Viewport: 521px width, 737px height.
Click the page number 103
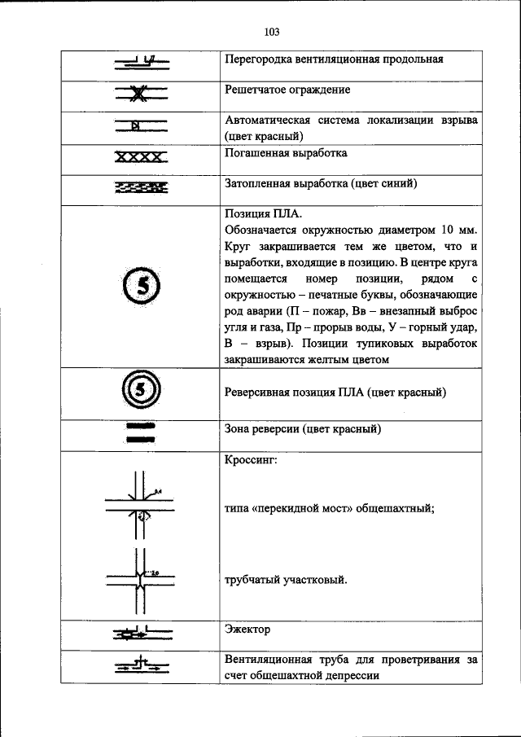(272, 33)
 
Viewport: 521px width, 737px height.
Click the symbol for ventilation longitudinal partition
(140, 61)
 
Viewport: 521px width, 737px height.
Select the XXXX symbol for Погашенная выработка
(139, 156)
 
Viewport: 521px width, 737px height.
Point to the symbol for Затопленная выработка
(140, 188)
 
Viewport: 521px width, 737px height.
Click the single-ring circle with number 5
(141, 286)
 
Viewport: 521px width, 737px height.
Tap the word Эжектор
(247, 630)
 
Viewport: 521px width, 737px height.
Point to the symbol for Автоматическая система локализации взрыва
(139, 125)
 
